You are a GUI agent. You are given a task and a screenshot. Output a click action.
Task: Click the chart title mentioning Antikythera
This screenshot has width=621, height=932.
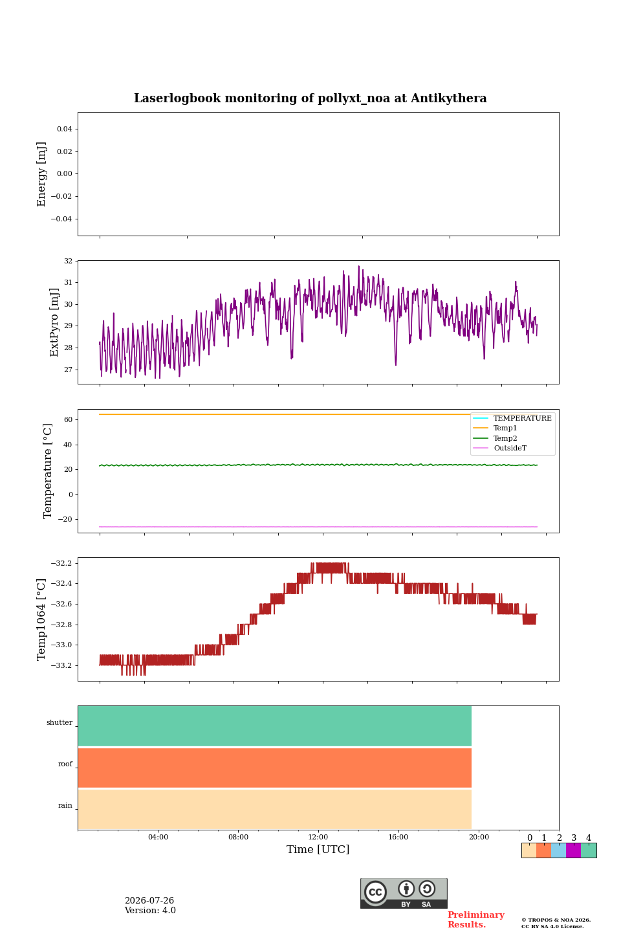click(x=310, y=98)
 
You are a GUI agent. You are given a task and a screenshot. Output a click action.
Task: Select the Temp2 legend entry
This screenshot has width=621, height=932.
click(x=505, y=438)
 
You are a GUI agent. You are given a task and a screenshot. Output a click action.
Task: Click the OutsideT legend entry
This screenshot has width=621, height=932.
click(x=510, y=448)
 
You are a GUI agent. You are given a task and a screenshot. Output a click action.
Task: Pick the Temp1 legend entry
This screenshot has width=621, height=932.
click(x=505, y=428)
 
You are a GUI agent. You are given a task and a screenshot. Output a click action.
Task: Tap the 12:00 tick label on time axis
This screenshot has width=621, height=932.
click(x=318, y=837)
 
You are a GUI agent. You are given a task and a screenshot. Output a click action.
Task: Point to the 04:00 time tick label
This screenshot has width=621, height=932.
click(x=158, y=837)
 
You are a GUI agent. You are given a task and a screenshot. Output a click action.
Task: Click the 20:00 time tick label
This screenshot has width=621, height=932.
click(x=479, y=837)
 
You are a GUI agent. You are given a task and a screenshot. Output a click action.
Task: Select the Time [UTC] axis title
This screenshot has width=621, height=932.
click(x=318, y=849)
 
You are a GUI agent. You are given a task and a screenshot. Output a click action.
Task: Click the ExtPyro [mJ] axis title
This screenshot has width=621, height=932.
click(x=54, y=322)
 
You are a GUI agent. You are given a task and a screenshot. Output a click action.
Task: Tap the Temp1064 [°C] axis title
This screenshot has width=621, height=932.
click(x=41, y=619)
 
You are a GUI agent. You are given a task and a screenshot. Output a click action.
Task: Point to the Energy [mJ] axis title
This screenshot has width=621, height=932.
click(x=41, y=174)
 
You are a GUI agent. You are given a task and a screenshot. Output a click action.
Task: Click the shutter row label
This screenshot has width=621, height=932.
click(x=60, y=722)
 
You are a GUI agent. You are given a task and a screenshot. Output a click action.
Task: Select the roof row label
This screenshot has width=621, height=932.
click(x=65, y=764)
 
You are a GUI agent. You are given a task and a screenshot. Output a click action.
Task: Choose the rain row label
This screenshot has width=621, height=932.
click(x=65, y=805)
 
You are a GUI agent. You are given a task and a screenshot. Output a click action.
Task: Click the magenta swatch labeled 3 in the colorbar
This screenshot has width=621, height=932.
click(x=573, y=850)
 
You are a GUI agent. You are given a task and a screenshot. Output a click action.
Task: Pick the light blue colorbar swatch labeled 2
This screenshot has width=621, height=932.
click(x=558, y=850)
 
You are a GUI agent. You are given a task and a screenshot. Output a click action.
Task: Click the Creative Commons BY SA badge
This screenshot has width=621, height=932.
click(x=404, y=893)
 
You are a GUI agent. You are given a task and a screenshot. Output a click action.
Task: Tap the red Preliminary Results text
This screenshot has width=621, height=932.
click(x=476, y=919)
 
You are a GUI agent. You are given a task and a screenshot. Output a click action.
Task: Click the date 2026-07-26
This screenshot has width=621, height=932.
click(x=149, y=900)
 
